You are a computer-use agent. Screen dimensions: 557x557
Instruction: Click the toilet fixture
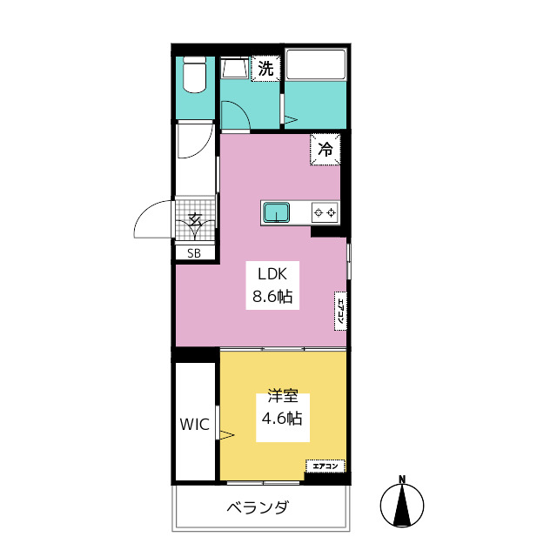194,75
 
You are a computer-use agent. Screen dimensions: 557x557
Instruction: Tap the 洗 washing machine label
265,68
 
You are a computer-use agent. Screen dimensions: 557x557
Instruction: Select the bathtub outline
315,64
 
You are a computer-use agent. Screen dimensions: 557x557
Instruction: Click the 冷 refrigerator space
325,149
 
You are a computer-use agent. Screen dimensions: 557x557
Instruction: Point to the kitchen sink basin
276,212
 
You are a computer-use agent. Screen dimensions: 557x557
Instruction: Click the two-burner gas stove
325,212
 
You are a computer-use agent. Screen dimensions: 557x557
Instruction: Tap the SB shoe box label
194,253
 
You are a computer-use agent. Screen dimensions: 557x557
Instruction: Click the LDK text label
272,274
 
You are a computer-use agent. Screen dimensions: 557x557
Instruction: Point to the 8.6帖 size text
272,296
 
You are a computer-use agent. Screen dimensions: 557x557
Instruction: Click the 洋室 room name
283,396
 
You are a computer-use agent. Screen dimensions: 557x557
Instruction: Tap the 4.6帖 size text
282,418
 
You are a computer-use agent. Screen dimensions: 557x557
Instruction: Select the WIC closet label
195,424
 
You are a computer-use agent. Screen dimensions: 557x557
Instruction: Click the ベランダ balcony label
258,507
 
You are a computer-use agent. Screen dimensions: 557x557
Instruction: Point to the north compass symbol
402,505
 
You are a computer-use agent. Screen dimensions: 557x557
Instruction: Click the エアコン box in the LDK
340,312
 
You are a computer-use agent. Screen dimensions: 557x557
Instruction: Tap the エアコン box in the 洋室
325,466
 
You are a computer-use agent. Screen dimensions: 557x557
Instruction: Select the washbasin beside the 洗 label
235,68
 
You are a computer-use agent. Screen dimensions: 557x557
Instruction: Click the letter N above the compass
402,479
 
